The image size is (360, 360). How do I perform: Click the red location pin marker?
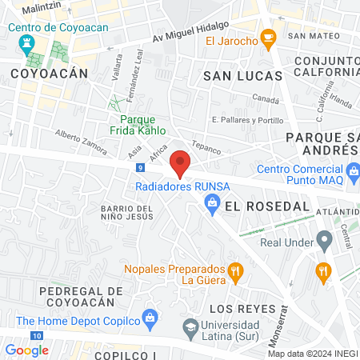[x=180, y=163]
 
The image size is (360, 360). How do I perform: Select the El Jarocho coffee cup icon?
[x=269, y=37]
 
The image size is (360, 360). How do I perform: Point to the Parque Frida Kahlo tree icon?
[x=115, y=104]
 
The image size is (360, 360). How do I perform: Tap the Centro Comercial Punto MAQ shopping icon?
[x=354, y=170]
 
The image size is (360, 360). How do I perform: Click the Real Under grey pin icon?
[x=324, y=238]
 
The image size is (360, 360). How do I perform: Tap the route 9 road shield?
[x=141, y=168]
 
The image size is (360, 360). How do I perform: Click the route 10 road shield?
[x=37, y=334]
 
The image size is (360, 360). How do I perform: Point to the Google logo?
[x=26, y=350]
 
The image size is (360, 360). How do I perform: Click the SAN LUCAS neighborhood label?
[x=243, y=76]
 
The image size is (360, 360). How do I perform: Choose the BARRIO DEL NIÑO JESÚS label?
[x=126, y=213]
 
